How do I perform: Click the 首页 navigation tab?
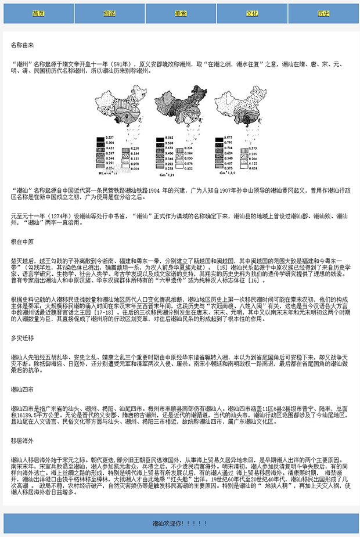tap(38, 13)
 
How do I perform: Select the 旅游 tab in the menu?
tap(110, 13)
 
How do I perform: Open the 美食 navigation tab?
tap(181, 13)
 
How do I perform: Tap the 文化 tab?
tap(252, 13)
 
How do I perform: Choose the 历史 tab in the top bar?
tap(323, 13)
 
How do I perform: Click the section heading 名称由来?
tap(23, 45)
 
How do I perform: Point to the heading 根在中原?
tap(23, 241)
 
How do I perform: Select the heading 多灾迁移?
tap(23, 337)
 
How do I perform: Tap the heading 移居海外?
tap(23, 441)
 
